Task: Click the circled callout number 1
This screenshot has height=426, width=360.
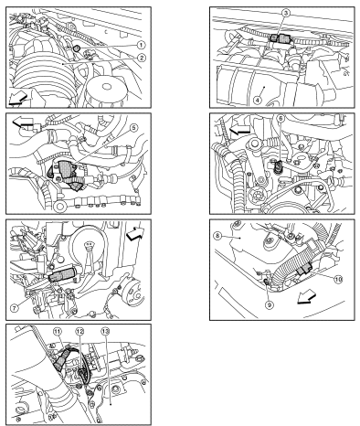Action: point(141,45)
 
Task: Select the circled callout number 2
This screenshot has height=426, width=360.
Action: point(141,58)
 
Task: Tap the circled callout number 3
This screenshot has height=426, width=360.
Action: point(286,13)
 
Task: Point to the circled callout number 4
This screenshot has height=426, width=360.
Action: point(258,100)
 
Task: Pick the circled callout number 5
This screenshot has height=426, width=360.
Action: point(133,128)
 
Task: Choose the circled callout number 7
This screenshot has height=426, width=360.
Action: point(15,307)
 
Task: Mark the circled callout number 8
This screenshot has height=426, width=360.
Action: point(217,236)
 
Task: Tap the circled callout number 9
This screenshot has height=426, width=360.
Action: point(269,304)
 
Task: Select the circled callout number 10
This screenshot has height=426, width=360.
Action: point(338,279)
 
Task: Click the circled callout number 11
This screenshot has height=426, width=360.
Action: point(57,331)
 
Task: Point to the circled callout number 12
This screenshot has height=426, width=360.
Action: point(79,331)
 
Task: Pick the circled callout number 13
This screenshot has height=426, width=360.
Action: point(105,331)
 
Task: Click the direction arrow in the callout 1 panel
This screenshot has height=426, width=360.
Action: point(17,99)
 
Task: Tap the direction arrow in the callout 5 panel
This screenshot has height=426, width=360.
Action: point(22,122)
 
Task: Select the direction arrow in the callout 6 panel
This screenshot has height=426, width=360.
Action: point(239,130)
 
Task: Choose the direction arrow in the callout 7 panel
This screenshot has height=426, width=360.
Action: point(135,233)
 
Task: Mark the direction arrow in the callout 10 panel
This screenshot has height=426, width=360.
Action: point(307,297)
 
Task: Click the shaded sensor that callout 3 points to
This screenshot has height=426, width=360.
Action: point(281,38)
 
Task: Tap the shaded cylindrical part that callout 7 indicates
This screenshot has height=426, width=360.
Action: point(61,273)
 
